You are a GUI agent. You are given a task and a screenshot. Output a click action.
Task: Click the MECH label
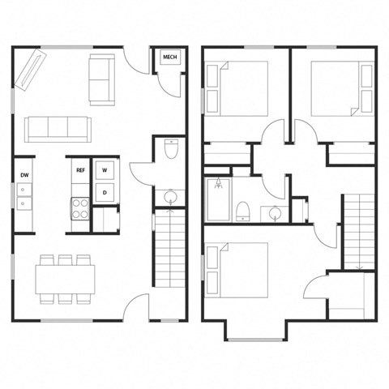[170, 57]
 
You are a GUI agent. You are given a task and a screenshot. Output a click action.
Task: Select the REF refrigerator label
[80, 170]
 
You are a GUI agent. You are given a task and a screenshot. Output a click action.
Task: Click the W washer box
[106, 170]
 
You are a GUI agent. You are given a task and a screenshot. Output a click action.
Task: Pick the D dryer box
[106, 191]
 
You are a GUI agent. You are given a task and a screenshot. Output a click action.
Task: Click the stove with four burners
[80, 209]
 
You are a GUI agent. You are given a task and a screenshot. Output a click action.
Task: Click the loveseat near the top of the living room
[101, 79]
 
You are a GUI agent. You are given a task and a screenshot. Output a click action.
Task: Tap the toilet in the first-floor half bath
[171, 150]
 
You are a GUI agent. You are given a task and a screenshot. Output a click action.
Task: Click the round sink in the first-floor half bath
[171, 198]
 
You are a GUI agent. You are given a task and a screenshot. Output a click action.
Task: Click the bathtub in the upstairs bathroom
[219, 199]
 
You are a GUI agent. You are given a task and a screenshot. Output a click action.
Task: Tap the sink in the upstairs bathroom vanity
[276, 214]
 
